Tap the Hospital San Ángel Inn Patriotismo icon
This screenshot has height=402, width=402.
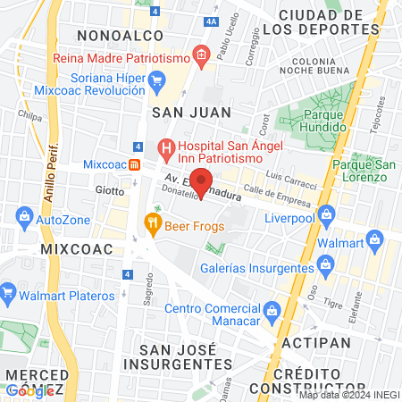click(x=164, y=147)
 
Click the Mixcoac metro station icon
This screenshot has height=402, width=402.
click(x=134, y=164)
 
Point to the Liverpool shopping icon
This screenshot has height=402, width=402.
click(x=327, y=214)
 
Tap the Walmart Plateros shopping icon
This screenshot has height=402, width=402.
click(x=9, y=291)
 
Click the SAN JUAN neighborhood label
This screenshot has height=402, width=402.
click(x=191, y=112)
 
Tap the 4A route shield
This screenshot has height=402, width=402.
click(x=211, y=20)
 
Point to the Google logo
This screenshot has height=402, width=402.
click(x=29, y=389)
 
